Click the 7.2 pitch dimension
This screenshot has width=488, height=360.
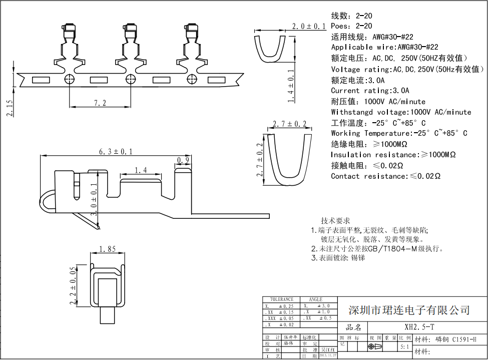click(100, 103)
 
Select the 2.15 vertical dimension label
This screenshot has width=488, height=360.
click(10, 108)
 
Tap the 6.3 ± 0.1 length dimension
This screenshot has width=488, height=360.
click(116, 151)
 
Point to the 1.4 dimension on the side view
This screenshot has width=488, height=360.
click(141, 171)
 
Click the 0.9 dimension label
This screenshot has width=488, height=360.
click(183, 160)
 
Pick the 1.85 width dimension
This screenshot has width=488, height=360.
click(108, 249)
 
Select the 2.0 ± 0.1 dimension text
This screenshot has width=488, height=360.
click(309, 26)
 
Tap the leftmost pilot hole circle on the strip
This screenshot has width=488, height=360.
click(69, 79)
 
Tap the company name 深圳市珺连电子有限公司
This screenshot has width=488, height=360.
click(409, 310)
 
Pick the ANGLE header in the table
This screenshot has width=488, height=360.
click(316, 299)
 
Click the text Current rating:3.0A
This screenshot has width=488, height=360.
click(370, 91)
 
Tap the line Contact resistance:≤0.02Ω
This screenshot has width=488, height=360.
click(385, 176)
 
